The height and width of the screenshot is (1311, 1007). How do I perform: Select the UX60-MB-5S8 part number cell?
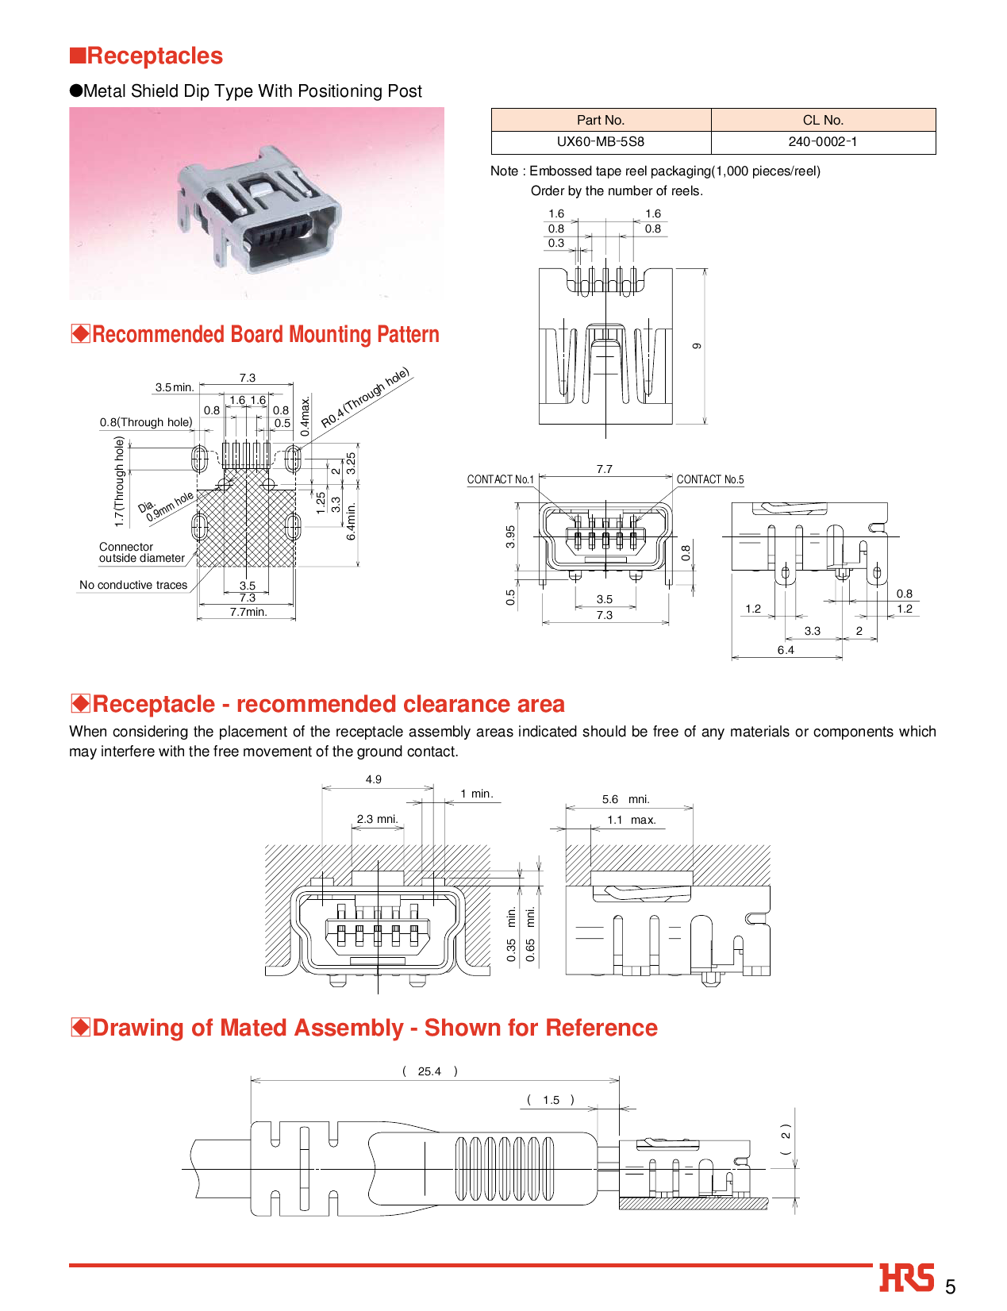point(600,142)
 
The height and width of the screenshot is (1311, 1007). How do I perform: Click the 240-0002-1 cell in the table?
point(822,142)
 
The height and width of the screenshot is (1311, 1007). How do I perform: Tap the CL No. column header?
point(822,120)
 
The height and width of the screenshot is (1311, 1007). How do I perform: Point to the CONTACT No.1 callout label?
point(500,479)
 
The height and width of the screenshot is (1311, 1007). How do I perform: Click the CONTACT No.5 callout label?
point(709,479)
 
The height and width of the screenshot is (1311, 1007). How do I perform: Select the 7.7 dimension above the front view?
point(604,469)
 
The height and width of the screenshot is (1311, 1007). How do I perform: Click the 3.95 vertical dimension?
point(510,536)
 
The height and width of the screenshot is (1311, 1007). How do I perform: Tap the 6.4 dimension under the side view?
point(785,650)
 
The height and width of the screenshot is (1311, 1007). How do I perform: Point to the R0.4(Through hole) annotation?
point(365,398)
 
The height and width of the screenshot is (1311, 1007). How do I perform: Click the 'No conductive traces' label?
point(133,585)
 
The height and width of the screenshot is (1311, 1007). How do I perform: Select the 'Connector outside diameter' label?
point(140,552)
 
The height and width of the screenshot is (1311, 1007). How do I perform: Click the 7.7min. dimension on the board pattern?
point(248,612)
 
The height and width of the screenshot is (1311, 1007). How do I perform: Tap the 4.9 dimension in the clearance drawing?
point(373,779)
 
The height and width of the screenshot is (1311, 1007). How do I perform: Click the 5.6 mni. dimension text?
point(625,799)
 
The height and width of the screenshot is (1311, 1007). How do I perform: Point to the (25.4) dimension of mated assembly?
point(429,1071)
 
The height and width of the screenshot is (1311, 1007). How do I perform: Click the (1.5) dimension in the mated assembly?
point(551,1100)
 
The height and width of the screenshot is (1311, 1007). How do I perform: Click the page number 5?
point(950,1287)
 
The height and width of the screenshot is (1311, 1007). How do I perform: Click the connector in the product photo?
point(258,210)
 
